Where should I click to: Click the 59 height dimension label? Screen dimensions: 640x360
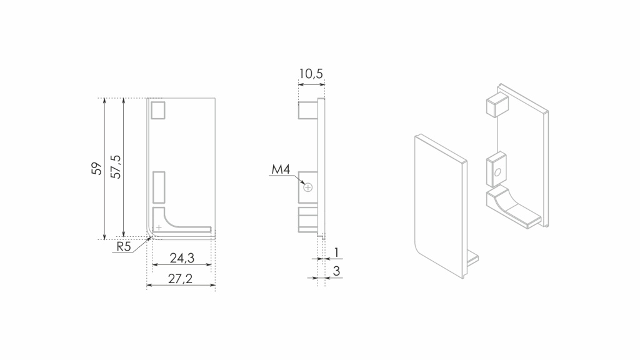(x=97, y=168)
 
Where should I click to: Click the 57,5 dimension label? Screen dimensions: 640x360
(x=116, y=166)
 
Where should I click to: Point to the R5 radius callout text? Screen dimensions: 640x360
(x=123, y=246)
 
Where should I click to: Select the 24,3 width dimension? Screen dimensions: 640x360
(x=182, y=258)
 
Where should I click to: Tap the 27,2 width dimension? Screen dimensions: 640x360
(x=181, y=278)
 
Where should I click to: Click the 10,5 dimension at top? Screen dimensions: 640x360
(x=311, y=74)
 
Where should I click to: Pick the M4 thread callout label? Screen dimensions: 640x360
(x=281, y=169)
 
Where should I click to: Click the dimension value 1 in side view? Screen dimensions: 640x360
(x=336, y=252)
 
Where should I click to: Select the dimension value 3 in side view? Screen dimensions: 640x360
(x=336, y=271)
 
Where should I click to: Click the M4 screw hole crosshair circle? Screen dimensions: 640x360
(x=307, y=187)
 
